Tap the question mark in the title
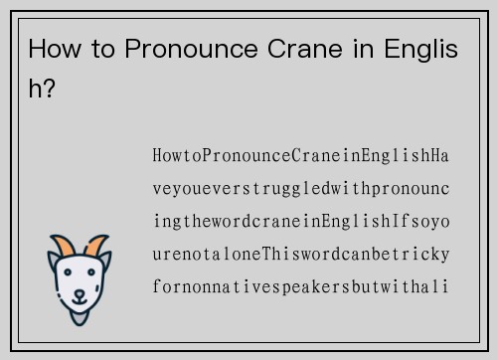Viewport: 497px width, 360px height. click(x=49, y=88)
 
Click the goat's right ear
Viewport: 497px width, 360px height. click(x=106, y=262)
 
